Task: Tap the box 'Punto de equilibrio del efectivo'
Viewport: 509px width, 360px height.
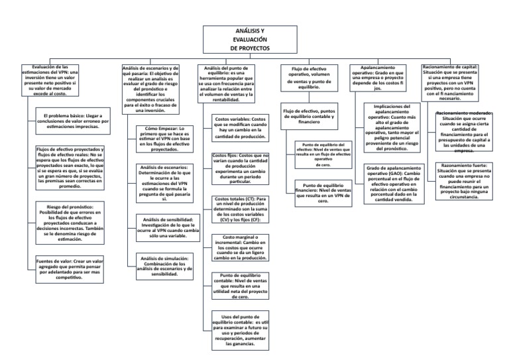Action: (x=313, y=153)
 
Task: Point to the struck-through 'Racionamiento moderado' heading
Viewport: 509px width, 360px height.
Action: (x=464, y=114)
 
